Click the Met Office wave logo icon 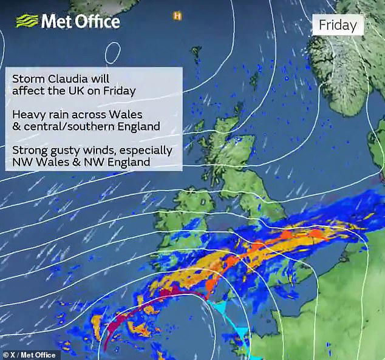point(26,21)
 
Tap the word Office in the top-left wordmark point(97,22)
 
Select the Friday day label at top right point(338,25)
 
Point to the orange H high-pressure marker point(177,15)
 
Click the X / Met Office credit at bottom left point(29,355)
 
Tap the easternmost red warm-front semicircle point(315,233)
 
